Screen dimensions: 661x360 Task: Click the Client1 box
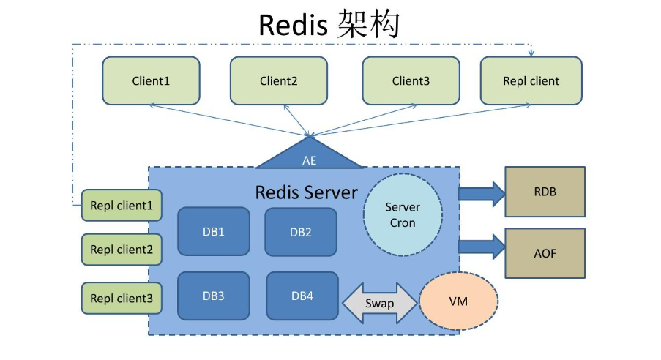151,80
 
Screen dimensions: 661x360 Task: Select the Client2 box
279,80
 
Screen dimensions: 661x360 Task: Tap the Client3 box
411,80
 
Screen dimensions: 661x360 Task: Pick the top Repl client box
531,80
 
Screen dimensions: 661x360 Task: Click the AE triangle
309,156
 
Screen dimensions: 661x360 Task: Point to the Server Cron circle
403,214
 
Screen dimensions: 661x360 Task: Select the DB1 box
213,231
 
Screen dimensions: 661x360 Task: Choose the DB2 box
301,232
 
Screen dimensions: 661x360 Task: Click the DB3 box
213,296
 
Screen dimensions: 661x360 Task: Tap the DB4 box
302,296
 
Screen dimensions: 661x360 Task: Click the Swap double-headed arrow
379,303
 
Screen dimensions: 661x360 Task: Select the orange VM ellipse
458,301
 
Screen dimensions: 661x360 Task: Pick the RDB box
545,192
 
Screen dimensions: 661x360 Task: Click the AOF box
545,253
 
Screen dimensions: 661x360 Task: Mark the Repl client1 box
122,206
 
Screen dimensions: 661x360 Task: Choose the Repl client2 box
122,250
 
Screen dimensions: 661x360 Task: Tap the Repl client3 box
122,298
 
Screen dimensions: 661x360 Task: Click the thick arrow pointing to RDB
482,194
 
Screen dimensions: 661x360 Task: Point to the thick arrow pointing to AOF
482,247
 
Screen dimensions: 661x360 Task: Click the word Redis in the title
293,25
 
